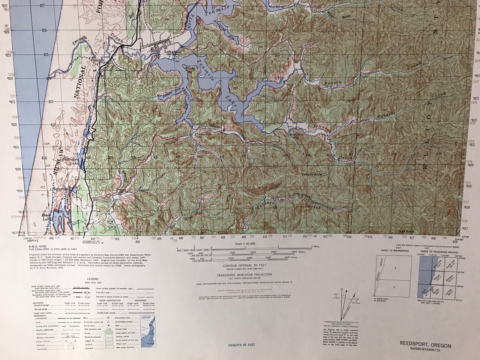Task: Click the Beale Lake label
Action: pos(47,216)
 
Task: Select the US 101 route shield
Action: pos(86,229)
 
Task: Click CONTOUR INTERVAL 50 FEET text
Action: pos(244,265)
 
